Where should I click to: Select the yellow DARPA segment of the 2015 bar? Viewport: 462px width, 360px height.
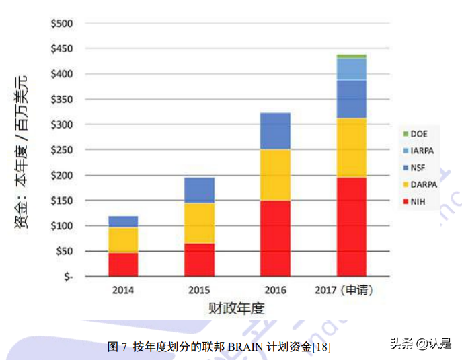click(199, 223)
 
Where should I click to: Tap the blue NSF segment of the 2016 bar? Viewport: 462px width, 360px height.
click(275, 131)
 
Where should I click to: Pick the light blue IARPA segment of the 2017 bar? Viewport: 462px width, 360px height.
click(351, 69)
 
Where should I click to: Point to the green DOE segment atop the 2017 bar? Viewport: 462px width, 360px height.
click(351, 56)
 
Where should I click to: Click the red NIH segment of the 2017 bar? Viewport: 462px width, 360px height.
click(351, 227)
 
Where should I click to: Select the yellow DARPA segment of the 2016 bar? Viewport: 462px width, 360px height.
click(275, 175)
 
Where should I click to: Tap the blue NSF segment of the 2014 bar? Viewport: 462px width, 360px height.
click(123, 221)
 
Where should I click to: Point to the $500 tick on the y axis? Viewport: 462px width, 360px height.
click(62, 24)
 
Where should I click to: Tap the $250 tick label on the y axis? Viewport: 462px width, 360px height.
click(62, 150)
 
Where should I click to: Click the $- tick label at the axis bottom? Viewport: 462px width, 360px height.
click(67, 277)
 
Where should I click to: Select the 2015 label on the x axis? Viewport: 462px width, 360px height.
click(199, 291)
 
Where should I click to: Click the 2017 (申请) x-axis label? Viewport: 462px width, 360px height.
click(344, 291)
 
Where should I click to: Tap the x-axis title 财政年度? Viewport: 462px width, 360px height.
click(236, 309)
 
